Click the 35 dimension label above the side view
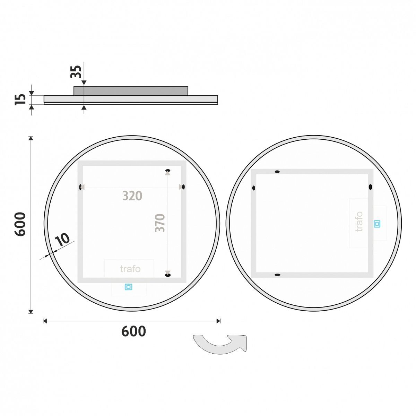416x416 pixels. (76, 71)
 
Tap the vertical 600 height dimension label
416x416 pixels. (20, 224)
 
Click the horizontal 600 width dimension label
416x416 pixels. (133, 331)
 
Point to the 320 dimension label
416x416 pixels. (132, 196)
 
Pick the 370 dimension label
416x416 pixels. (160, 223)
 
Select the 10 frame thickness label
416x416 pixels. (62, 240)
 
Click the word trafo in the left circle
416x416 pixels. (130, 269)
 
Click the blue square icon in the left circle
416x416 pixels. (129, 287)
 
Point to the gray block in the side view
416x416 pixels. (131, 91)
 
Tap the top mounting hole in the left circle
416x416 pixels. (168, 170)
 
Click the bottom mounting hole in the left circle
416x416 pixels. (168, 275)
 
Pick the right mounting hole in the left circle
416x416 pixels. (183, 187)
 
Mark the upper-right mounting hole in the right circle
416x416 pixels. (370, 187)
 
